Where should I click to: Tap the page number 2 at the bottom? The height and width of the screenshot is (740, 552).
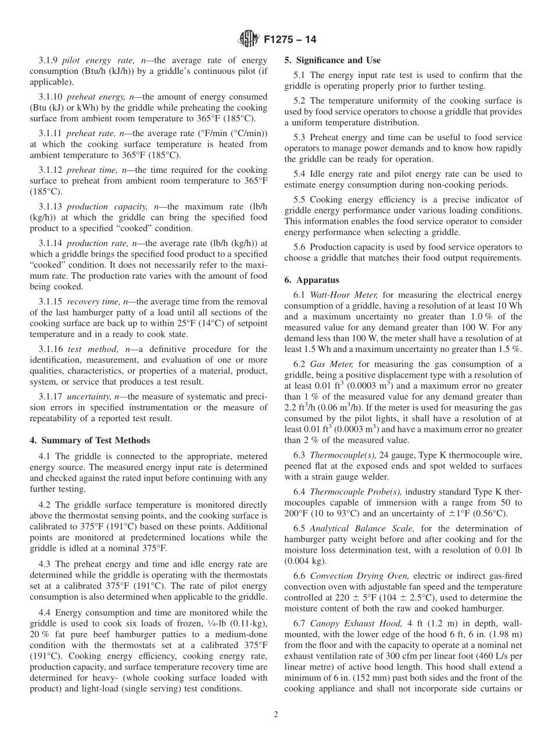click(x=276, y=714)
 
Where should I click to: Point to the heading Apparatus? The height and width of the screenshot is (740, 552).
click(x=318, y=280)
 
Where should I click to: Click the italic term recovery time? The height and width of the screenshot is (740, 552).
click(x=91, y=301)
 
